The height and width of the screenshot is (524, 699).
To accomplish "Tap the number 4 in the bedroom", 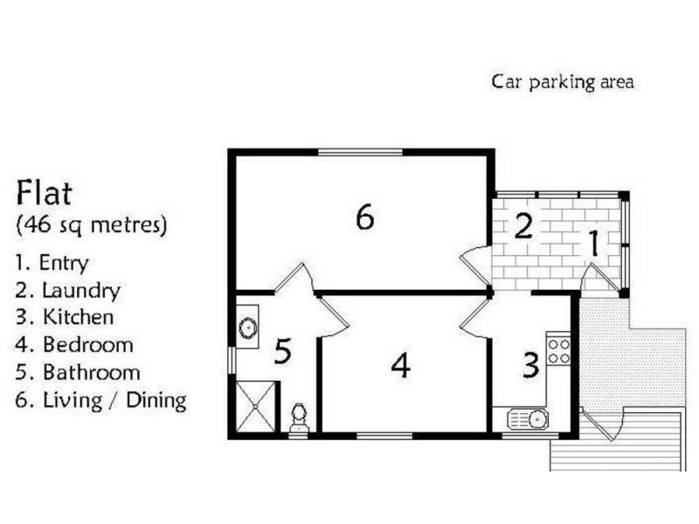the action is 400,365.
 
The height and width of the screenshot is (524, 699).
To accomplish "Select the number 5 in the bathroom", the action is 282,350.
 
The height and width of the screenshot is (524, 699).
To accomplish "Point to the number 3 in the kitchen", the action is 530,365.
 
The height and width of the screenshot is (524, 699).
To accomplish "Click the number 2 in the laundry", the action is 523,226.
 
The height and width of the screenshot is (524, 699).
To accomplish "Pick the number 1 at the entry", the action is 594,244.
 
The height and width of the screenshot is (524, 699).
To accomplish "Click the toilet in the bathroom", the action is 299,418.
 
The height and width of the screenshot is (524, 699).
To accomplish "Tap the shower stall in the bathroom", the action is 255,406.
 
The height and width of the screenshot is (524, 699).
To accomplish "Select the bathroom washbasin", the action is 247,327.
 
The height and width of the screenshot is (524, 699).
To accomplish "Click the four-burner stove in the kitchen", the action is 558,351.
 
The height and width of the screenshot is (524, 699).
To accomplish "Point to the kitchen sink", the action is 529,419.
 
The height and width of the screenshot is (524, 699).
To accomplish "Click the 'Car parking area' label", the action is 562,82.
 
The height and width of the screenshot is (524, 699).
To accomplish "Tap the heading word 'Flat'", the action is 44,192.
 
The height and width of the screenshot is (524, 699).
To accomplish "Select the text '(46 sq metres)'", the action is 92,224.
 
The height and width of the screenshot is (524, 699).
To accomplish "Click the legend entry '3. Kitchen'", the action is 65,317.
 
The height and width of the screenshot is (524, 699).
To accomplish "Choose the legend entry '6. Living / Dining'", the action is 100,400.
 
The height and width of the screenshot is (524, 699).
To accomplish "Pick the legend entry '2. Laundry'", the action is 68,291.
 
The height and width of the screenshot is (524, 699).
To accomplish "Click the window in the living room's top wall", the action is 360,153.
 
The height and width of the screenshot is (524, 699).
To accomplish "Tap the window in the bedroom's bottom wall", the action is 385,435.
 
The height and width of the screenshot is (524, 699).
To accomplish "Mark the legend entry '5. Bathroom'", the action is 78,373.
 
